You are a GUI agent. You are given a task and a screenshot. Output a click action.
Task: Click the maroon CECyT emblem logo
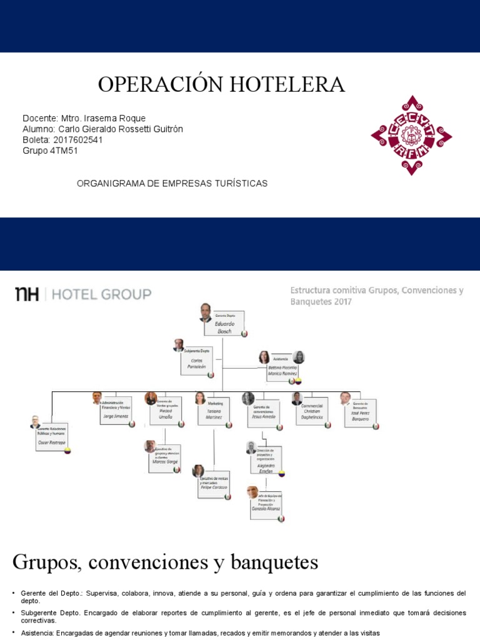pyautogui.click(x=411, y=135)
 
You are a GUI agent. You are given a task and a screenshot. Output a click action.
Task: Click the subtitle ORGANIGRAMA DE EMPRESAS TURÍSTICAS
pyautogui.click(x=172, y=183)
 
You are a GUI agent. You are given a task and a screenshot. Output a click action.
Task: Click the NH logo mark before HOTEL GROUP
pyautogui.click(x=27, y=294)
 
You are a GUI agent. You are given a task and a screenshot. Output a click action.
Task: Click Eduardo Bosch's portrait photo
pyautogui.click(x=206, y=312)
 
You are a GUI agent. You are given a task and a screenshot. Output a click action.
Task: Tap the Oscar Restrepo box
pyautogui.click(x=51, y=436)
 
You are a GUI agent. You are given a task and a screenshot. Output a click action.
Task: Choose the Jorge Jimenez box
pyautogui.click(x=117, y=412)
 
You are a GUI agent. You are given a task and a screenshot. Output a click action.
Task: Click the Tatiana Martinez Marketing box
pyautogui.click(x=214, y=412)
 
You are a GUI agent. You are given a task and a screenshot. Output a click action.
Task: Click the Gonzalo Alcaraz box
pyautogui.click(x=266, y=505)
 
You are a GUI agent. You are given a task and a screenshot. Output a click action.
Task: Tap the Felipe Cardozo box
pyautogui.click(x=214, y=484)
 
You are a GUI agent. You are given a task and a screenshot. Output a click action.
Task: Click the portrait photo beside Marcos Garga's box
pyautogui.click(x=150, y=446)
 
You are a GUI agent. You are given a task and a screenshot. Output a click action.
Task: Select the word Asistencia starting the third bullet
pyautogui.click(x=37, y=633)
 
